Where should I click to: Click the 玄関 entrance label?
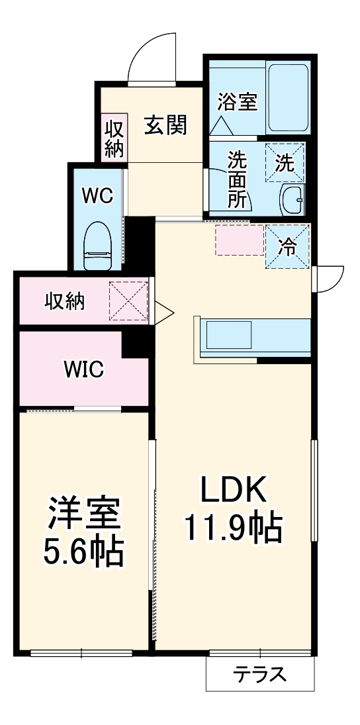(x=165, y=124)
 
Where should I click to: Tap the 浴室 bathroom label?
(x=237, y=103)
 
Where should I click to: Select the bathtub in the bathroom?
(x=289, y=97)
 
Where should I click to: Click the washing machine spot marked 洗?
(x=285, y=163)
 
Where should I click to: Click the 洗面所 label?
(x=236, y=179)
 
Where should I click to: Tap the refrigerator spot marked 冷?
(x=287, y=246)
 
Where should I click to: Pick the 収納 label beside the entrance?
(x=114, y=138)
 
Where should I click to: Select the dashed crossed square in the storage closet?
(x=128, y=301)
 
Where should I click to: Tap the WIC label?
(x=83, y=369)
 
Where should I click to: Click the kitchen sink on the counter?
(x=228, y=335)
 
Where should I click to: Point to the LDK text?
(x=233, y=491)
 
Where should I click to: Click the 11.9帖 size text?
(x=233, y=527)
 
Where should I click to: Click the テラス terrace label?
(x=259, y=675)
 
